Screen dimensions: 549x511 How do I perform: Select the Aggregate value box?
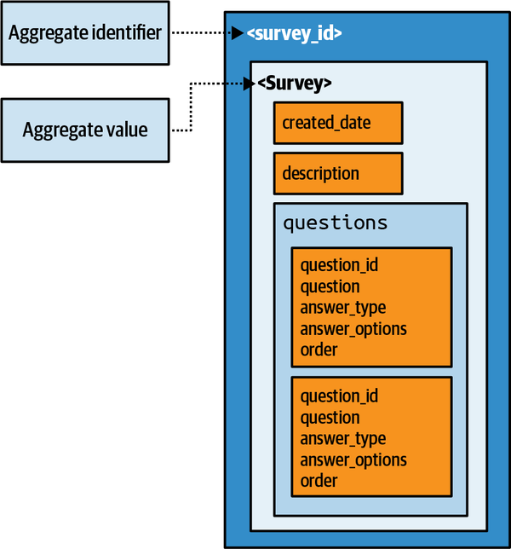pos(85,130)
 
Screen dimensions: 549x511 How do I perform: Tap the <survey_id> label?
pos(294,34)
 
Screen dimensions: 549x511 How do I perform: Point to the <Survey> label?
pos(294,83)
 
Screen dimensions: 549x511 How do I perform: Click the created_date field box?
pos(337,123)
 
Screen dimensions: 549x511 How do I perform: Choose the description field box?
pos(337,174)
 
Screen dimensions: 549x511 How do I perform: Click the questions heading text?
pos(335,223)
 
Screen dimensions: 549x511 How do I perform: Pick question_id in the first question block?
pos(339,266)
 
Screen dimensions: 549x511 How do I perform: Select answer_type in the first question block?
pos(342,308)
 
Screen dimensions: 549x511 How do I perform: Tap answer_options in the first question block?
pos(353,329)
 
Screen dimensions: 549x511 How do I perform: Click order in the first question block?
pos(319,350)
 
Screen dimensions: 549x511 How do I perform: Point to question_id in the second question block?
pos(339,396)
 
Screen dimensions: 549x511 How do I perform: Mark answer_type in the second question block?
pos(342,439)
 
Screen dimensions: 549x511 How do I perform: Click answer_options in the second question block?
pos(353,460)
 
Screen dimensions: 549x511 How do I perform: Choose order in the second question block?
pos(319,481)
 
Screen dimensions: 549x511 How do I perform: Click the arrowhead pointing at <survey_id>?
pos(238,34)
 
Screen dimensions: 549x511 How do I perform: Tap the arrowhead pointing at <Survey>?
pos(249,83)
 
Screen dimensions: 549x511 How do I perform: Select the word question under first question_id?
pos(330,287)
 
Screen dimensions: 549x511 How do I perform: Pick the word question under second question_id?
pos(330,418)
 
